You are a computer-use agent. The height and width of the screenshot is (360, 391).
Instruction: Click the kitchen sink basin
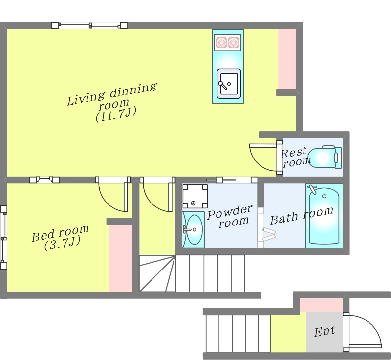pyautogui.click(x=229, y=84)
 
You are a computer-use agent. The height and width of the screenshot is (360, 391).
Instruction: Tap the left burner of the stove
pyautogui.click(x=221, y=43)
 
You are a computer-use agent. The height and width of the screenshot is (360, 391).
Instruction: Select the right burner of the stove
pyautogui.click(x=234, y=43)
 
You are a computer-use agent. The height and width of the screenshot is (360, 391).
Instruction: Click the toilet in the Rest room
pyautogui.click(x=325, y=157)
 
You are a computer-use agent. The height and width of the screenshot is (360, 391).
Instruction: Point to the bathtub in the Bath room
pyautogui.click(x=324, y=216)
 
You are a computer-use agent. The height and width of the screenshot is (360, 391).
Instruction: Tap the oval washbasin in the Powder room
pyautogui.click(x=195, y=229)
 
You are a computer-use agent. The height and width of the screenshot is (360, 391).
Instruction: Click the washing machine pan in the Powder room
pyautogui.click(x=195, y=196)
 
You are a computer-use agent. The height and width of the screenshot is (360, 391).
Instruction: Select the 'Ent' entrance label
pyautogui.click(x=325, y=331)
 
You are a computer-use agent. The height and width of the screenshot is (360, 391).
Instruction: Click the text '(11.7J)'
pyautogui.click(x=116, y=115)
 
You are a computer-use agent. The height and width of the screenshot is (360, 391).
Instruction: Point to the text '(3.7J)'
pyautogui.click(x=62, y=243)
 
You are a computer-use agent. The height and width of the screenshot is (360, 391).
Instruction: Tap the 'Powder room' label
pyautogui.click(x=230, y=216)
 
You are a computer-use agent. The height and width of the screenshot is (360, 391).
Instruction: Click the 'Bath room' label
pyautogui.click(x=302, y=216)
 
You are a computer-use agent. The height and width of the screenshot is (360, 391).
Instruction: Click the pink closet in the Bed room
pyautogui.click(x=121, y=258)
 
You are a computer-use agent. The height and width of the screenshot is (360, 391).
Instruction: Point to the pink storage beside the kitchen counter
pyautogui.click(x=287, y=59)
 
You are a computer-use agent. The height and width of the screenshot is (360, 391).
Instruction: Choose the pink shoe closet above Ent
pyautogui.click(x=321, y=305)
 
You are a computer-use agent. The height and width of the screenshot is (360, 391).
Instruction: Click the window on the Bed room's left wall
pyautogui.click(x=3, y=237)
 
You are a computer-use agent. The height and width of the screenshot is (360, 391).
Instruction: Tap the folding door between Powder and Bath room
pyautogui.click(x=264, y=227)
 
